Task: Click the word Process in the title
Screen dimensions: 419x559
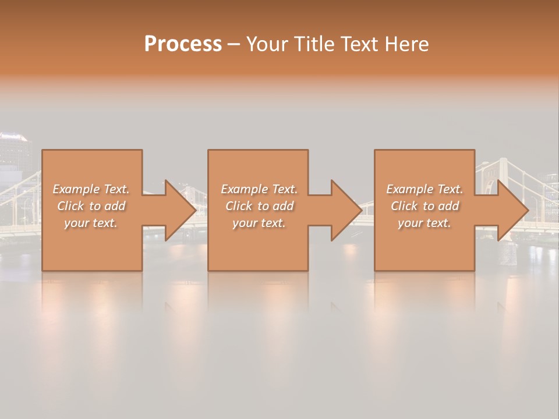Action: tap(183, 44)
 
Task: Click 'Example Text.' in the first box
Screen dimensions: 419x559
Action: tap(91, 189)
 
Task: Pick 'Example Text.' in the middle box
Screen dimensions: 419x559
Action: tap(259, 189)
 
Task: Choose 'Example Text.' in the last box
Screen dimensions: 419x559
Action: tap(424, 189)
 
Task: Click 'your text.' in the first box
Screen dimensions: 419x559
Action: tap(90, 223)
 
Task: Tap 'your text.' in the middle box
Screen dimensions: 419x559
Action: tap(259, 223)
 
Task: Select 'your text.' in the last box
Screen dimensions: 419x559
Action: tap(424, 223)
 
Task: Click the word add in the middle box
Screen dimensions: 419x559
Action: tap(283, 206)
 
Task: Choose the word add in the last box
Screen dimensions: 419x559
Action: tap(448, 206)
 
